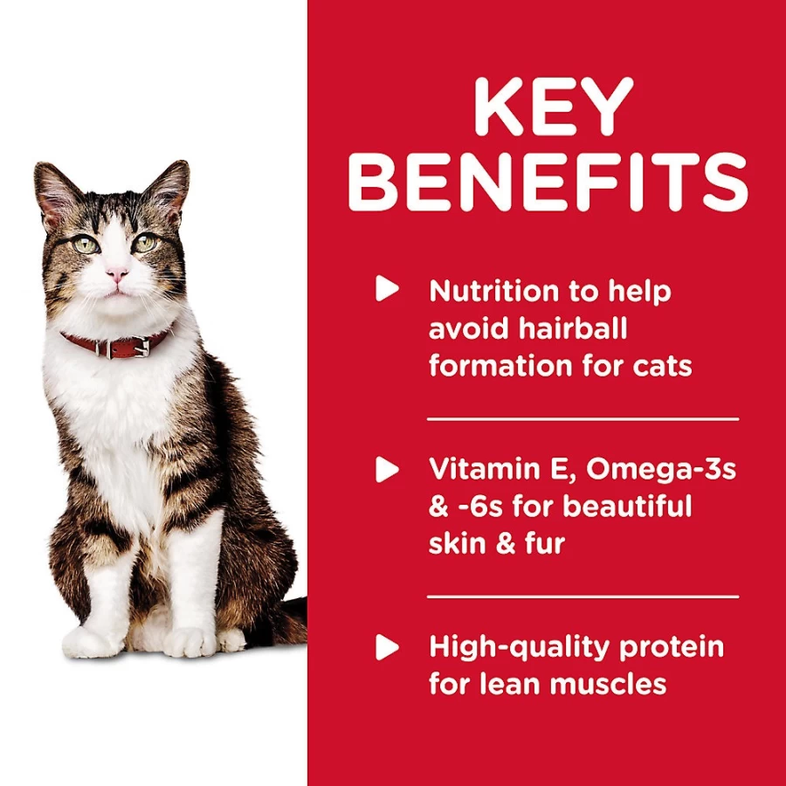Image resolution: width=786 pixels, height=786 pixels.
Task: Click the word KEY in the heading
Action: pyautogui.click(x=554, y=106)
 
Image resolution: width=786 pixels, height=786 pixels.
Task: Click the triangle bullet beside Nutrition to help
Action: pyautogui.click(x=387, y=288)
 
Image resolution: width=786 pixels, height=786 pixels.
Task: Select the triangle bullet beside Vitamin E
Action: pyautogui.click(x=387, y=469)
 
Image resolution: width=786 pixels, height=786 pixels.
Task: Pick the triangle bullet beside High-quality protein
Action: pyautogui.click(x=387, y=647)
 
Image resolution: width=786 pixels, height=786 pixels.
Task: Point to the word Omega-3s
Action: pyautogui.click(x=661, y=470)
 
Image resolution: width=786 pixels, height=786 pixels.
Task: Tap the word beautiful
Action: pyautogui.click(x=626, y=506)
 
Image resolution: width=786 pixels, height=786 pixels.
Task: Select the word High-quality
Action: pyautogui.click(x=520, y=648)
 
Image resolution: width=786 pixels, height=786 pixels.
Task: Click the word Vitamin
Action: pyautogui.click(x=479, y=469)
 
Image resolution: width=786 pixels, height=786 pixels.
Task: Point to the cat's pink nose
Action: pyautogui.click(x=117, y=273)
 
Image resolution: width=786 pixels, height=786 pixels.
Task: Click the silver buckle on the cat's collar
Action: pyautogui.click(x=141, y=346)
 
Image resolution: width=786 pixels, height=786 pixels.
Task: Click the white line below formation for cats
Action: pyautogui.click(x=583, y=418)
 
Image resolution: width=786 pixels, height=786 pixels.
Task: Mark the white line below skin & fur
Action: pyautogui.click(x=583, y=596)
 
